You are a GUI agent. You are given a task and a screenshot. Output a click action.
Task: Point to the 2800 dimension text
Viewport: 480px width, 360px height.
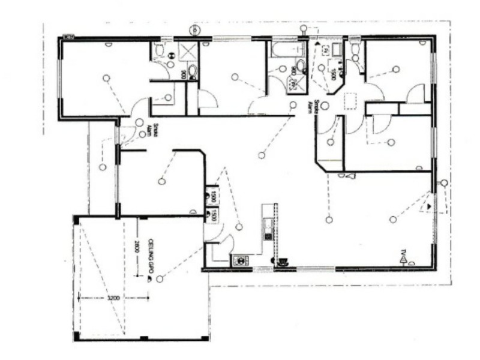(137, 247)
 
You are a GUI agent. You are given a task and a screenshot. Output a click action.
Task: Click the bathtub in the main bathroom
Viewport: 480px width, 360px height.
(288, 49)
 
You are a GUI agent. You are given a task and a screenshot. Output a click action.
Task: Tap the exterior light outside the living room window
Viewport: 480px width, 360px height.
(443, 183)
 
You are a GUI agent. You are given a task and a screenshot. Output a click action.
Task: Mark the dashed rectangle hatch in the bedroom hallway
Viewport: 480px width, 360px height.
(349, 101)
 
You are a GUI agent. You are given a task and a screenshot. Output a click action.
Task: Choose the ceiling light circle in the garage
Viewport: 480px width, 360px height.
(160, 279)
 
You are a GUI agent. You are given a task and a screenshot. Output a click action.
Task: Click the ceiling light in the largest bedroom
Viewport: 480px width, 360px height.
(106, 78)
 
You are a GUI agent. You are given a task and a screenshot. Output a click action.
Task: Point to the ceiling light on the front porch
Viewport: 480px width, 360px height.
(103, 167)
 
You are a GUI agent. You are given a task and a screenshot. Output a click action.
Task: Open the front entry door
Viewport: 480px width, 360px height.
(127, 133)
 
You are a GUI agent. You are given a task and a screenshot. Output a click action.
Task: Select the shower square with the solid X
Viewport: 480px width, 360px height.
(188, 51)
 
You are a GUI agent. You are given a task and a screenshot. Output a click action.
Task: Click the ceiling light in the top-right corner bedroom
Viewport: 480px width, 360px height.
(396, 70)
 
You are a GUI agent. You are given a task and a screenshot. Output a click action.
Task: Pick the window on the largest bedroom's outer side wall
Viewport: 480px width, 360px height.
(60, 77)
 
